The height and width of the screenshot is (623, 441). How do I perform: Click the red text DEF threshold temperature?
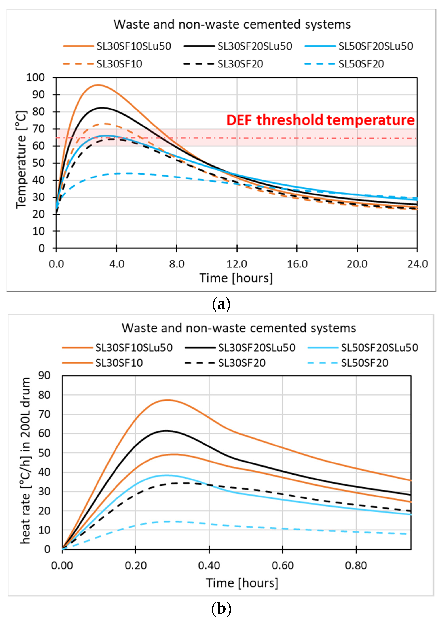click(x=320, y=120)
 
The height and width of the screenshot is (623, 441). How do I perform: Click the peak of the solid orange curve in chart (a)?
click(x=98, y=85)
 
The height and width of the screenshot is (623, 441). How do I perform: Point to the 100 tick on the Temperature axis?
click(x=36, y=78)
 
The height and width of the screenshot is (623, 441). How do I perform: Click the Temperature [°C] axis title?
click(x=21, y=160)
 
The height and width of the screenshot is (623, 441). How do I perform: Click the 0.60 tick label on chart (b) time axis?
click(x=282, y=566)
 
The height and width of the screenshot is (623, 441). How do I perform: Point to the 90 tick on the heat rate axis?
click(x=44, y=376)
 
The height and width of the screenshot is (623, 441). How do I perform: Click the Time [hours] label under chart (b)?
click(x=242, y=583)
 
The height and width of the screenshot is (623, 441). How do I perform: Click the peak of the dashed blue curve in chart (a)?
click(x=128, y=173)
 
